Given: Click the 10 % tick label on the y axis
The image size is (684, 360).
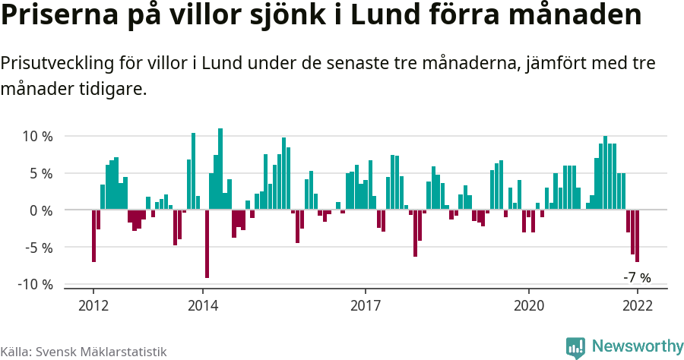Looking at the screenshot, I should [x=36, y=137].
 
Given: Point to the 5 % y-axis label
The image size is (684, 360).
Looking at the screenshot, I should [x=40, y=173].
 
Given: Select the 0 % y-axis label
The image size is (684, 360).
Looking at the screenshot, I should [x=40, y=210].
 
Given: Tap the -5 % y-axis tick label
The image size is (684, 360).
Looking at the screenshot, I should [x=37, y=247].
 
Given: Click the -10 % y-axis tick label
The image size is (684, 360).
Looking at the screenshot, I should [x=34, y=284].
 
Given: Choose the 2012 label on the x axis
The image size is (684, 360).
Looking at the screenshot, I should [x=93, y=305].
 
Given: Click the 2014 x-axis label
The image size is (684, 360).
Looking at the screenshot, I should [x=202, y=305].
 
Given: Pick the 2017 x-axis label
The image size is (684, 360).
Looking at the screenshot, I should [x=366, y=305].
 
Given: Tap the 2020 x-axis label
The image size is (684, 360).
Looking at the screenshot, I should [x=528, y=305].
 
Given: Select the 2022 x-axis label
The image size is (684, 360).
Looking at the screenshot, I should [x=637, y=305].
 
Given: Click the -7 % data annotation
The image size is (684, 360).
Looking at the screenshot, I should [x=637, y=277].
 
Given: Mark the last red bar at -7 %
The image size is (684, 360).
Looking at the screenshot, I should [x=637, y=235].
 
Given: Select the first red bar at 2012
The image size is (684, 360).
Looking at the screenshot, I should [x=93, y=235].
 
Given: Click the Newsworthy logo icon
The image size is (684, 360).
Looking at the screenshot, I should [x=575, y=347].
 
